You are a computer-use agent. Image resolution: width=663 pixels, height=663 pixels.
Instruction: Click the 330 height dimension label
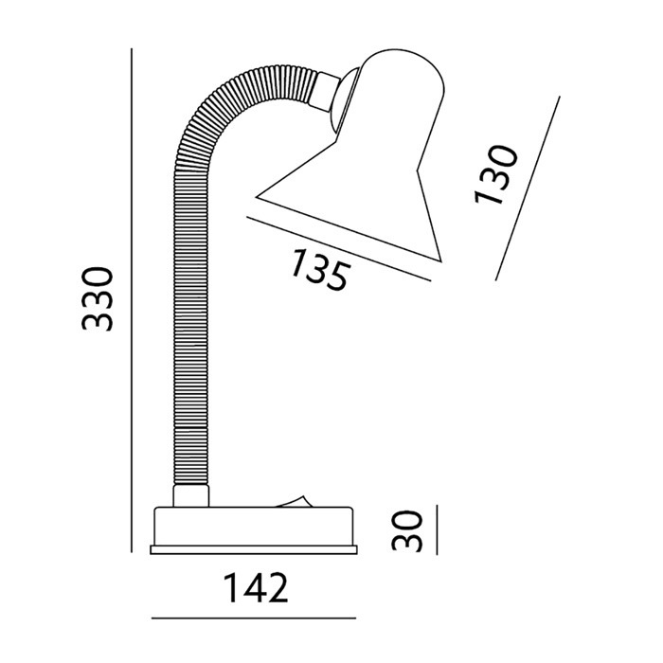(98, 298)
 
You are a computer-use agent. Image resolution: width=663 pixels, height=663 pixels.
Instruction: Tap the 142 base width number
(256, 588)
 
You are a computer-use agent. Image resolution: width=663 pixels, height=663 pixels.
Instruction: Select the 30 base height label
(407, 530)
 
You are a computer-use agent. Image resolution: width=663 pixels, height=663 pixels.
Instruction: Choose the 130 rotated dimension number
(495, 174)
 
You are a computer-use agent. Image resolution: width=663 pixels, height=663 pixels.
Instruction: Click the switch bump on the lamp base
(293, 501)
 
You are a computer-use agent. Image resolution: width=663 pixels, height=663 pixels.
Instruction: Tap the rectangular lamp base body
(254, 527)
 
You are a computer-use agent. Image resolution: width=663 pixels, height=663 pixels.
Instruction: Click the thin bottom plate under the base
(254, 549)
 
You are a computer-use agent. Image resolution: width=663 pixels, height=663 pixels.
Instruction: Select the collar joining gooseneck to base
(191, 496)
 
